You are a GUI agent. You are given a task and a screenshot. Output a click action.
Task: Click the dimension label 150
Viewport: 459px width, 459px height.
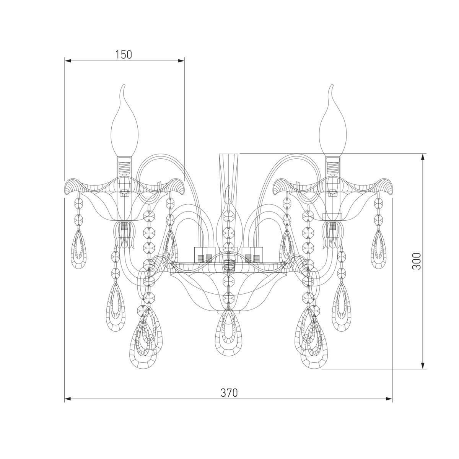tap(124, 55)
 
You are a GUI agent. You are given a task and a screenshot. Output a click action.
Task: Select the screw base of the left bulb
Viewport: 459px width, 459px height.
tap(124, 166)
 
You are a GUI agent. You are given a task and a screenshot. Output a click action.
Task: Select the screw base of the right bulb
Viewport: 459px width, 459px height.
tap(333, 166)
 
